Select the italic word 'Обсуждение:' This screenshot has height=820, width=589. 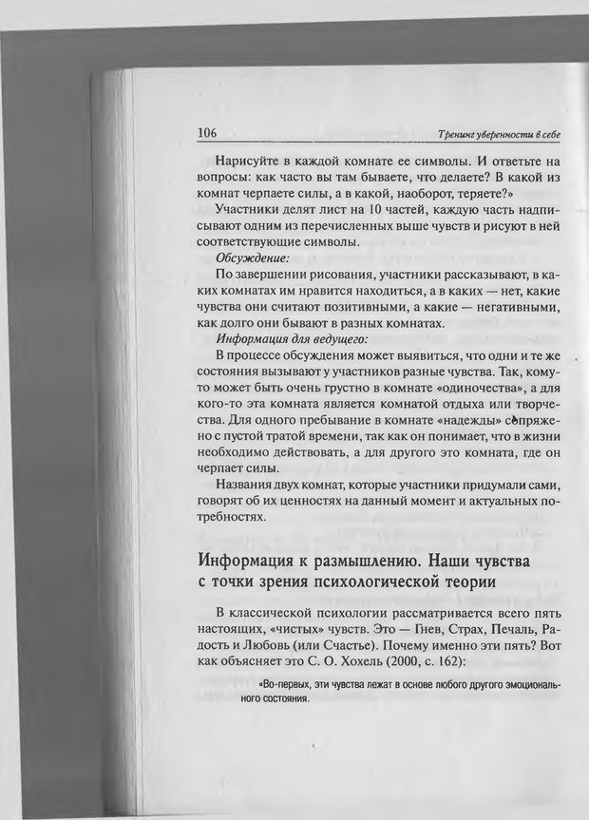252,257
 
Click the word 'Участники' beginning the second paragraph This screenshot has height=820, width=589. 250,207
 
